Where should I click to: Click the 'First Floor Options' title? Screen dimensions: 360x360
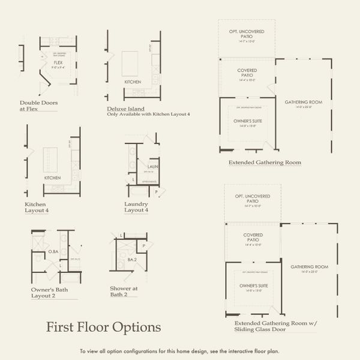click(x=104, y=327)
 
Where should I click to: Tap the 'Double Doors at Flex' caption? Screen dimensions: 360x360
click(x=38, y=106)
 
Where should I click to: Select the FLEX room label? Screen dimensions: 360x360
click(x=58, y=62)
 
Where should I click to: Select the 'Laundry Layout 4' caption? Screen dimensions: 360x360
click(x=136, y=207)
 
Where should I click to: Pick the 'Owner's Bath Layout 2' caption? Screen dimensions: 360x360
click(x=50, y=293)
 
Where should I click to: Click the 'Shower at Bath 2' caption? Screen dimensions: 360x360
click(x=124, y=292)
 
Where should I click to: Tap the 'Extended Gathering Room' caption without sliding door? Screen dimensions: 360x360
click(x=265, y=162)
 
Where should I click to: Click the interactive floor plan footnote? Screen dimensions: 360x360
click(x=179, y=351)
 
